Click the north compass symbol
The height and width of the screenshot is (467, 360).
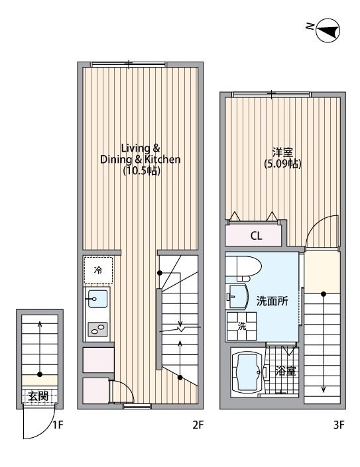pyautogui.click(x=327, y=29)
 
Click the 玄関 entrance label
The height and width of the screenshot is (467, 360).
pyautogui.click(x=38, y=396)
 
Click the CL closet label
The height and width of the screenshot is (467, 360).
pyautogui.click(x=255, y=235)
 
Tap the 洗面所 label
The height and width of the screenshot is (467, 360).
pyautogui.click(x=272, y=301)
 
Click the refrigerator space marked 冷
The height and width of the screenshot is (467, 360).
pyautogui.click(x=98, y=270)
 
